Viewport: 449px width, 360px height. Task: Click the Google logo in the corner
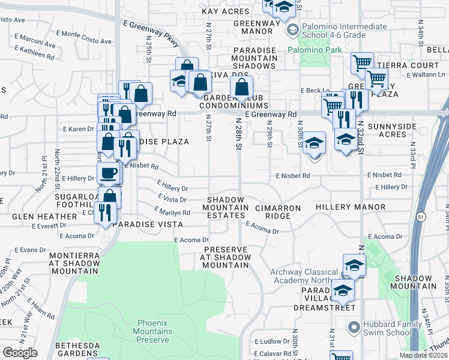pyautogui.click(x=20, y=353)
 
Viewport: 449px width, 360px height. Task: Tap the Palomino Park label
pyautogui.click(x=309, y=50)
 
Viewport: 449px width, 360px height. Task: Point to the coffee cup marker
pyautogui.click(x=109, y=173)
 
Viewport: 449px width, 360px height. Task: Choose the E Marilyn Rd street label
pyautogui.click(x=172, y=211)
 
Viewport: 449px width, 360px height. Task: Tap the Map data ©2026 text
pyautogui.click(x=423, y=355)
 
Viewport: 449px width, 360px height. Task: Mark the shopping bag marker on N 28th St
pyautogui.click(x=241, y=89)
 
